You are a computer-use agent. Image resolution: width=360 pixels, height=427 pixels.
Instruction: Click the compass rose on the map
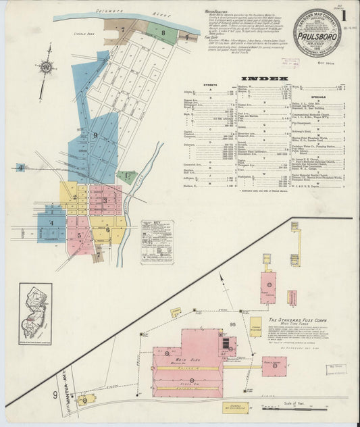point(45,67)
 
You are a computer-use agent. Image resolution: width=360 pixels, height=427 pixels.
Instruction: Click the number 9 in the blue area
point(95,135)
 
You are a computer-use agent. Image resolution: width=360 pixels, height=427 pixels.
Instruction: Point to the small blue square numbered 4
point(21,167)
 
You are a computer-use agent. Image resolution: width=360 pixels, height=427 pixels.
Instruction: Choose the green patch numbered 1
point(126,177)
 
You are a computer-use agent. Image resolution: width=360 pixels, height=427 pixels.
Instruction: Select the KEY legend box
point(157,241)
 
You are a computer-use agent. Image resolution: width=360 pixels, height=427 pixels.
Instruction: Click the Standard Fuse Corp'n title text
point(298,320)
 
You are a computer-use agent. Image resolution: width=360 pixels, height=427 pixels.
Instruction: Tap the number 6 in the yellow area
point(107,230)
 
